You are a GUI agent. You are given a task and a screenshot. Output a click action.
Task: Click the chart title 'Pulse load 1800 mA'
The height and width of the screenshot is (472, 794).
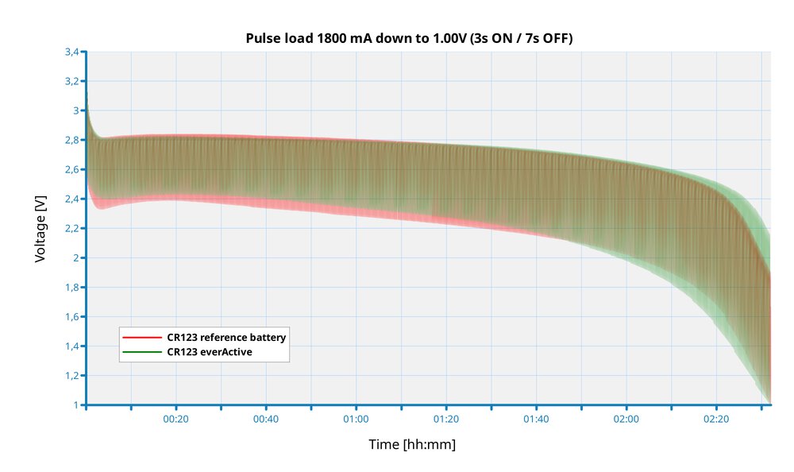coord(409,38)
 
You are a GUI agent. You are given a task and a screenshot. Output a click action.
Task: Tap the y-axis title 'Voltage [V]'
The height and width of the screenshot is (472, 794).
coord(40,228)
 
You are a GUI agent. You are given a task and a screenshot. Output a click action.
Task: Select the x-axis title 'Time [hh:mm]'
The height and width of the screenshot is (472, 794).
coord(412,444)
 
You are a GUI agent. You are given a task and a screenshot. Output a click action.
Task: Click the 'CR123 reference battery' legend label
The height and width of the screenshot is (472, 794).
coord(226,338)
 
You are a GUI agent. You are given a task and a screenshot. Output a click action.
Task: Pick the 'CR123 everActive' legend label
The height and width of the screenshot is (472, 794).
coord(210,351)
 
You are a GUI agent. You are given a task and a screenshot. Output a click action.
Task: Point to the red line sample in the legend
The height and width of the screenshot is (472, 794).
coord(142,338)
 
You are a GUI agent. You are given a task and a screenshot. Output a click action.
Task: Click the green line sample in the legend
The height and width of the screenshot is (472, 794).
coord(142,351)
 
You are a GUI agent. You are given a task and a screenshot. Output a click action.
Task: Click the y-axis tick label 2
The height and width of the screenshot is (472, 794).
coord(76,257)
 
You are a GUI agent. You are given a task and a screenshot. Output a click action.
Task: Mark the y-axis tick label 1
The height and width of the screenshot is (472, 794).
coord(76,404)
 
